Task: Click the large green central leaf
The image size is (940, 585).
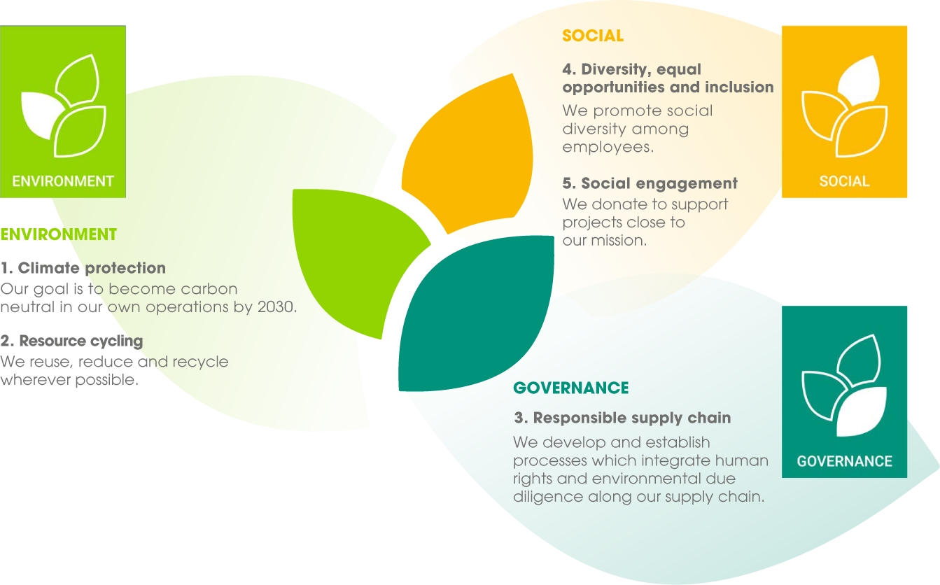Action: point(357,256)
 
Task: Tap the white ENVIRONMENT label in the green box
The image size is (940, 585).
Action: point(63,181)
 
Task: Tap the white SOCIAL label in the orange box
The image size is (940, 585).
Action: point(844,181)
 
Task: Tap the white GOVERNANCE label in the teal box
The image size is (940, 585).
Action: point(844,461)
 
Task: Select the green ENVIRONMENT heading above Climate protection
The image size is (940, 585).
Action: point(59,234)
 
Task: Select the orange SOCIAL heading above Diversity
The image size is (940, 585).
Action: point(593,36)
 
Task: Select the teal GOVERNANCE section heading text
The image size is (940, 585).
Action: point(571,388)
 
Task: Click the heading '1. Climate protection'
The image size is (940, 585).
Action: point(83,268)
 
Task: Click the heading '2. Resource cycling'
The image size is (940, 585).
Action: point(72,341)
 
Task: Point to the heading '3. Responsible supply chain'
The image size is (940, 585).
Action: point(622,418)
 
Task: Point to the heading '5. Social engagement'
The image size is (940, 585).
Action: point(650,183)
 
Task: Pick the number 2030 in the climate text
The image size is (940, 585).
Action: point(275,306)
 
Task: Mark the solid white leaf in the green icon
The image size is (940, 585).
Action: point(41,114)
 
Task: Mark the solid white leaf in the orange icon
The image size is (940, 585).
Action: point(859,79)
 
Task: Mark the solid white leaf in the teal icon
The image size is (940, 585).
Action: point(861,412)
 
